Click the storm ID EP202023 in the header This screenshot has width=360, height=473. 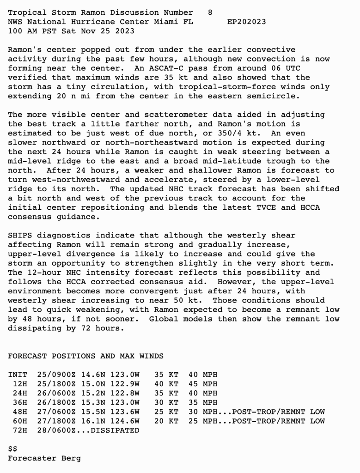(x=246, y=22)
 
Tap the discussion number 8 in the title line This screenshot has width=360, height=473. (x=210, y=12)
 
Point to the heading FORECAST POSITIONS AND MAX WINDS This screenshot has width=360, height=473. (x=85, y=356)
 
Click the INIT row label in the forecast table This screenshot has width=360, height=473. (x=18, y=375)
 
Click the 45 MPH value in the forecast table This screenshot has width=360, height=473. (x=203, y=384)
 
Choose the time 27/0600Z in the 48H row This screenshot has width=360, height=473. (x=54, y=412)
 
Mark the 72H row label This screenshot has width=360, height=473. (x=20, y=430)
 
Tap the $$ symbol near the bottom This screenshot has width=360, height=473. (x=12, y=449)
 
